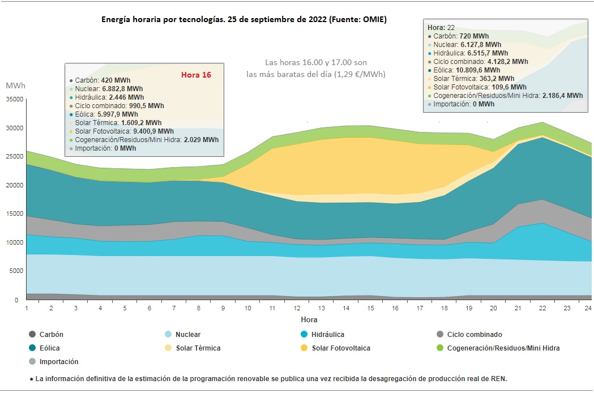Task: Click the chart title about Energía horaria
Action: pos(244,19)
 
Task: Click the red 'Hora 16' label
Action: pos(196,75)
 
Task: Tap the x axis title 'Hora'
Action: pos(309,320)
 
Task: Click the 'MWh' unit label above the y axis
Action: pos(15,86)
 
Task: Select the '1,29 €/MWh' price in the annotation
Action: pos(364,74)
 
